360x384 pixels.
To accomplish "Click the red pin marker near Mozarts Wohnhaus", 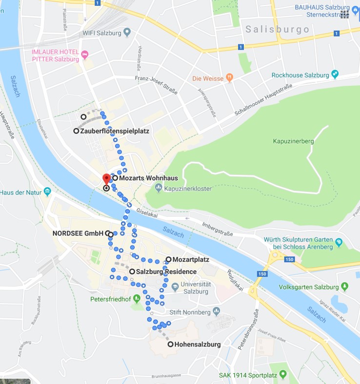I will click(x=106, y=179).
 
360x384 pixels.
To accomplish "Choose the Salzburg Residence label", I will click(x=166, y=272).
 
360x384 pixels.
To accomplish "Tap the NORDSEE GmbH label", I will click(x=78, y=233).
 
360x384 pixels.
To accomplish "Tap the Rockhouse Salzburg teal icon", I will click(x=335, y=75).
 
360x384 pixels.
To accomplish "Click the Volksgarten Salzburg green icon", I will click(x=345, y=286).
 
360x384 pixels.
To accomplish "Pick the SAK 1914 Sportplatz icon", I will click(x=282, y=374).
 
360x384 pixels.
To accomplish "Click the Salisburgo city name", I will click(x=278, y=30).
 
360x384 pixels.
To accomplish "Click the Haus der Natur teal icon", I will click(x=47, y=191).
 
